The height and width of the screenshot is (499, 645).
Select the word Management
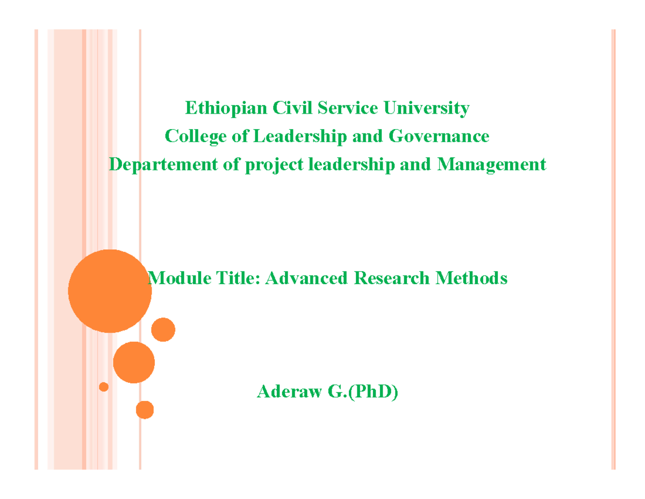(491, 164)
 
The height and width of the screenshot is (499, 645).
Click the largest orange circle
(110, 291)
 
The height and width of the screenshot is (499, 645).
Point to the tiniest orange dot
(104, 386)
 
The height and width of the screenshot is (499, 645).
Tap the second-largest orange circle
(134, 362)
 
